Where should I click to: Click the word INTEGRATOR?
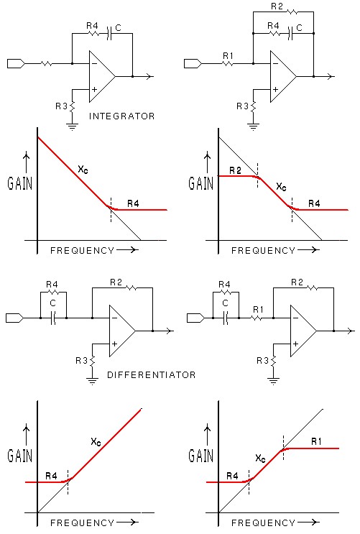click(121, 116)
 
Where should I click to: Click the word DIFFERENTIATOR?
click(151, 375)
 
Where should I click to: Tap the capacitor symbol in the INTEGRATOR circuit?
click(109, 34)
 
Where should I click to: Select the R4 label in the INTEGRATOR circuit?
click(92, 26)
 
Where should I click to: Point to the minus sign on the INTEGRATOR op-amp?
click(94, 64)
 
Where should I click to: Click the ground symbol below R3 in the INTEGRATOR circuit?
click(72, 127)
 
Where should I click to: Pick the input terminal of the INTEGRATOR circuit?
click(16, 64)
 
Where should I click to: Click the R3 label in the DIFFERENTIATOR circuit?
click(82, 360)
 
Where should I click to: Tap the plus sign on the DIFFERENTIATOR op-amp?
click(114, 344)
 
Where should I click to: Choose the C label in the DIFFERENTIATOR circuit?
click(52, 303)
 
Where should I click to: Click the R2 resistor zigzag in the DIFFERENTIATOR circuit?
click(131, 288)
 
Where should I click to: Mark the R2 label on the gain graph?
click(236, 170)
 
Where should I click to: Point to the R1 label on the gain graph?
click(316, 442)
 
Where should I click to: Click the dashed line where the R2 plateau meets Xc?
click(258, 175)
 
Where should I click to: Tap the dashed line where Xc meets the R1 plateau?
click(283, 448)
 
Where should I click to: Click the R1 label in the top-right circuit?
click(229, 55)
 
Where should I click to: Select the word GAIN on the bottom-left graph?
click(19, 456)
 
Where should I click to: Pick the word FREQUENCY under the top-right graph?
click(263, 251)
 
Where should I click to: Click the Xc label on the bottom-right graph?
click(260, 459)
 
